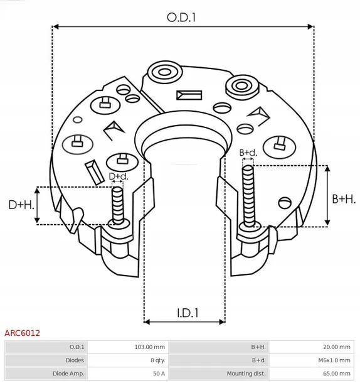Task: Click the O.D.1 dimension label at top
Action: pyautogui.click(x=182, y=18)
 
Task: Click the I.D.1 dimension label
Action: pyautogui.click(x=184, y=312)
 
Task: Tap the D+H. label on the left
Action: pyautogui.click(x=20, y=205)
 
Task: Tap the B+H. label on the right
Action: pyautogui.click(x=343, y=198)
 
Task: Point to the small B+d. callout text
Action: pyautogui.click(x=248, y=153)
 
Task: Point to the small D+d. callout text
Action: pyautogui.click(x=118, y=176)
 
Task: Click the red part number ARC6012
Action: pyautogui.click(x=23, y=333)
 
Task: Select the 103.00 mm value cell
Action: pyautogui.click(x=150, y=347)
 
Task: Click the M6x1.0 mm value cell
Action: pyautogui.click(x=334, y=360)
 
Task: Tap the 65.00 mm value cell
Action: pyautogui.click(x=336, y=374)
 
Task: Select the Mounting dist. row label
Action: pyautogui.click(x=245, y=374)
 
